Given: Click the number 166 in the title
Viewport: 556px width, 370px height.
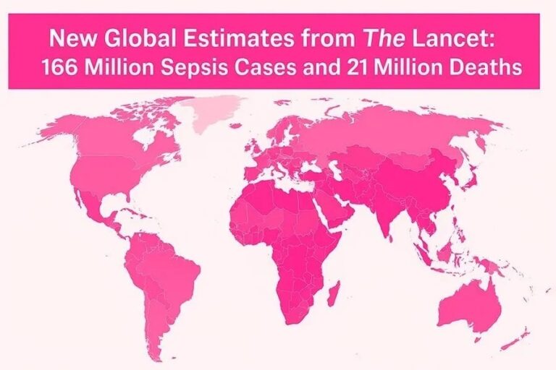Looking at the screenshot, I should [x=60, y=68].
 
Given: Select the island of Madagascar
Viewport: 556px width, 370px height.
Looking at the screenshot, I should [x=334, y=294].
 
